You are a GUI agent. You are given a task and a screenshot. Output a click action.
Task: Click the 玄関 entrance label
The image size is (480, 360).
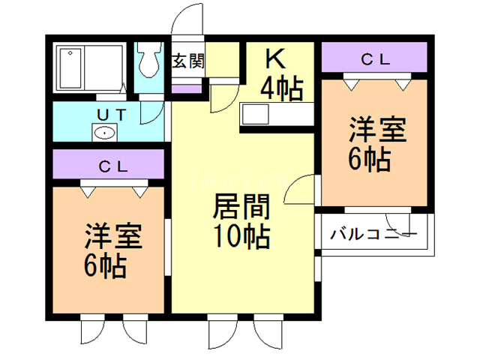187,61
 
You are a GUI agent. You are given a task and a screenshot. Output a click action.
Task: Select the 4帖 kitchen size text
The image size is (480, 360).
281,88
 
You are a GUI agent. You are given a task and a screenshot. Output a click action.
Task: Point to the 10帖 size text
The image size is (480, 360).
238,236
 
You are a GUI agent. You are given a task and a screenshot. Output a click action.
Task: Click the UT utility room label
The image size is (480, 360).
115,115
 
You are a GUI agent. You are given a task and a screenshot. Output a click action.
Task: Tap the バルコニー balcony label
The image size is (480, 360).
373,233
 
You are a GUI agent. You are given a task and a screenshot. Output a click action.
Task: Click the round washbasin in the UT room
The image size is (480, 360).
104,133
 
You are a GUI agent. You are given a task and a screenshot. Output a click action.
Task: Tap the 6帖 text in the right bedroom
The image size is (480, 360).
369,160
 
